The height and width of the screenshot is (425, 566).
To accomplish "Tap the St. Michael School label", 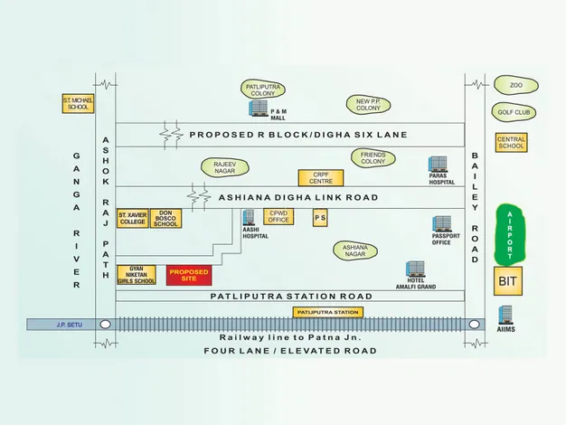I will coord(77,103).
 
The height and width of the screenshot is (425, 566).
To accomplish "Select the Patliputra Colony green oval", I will coord(264,89).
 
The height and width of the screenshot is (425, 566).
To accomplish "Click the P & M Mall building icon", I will coord(259,109).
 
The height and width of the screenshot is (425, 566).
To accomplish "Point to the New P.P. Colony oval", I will coord(368,104).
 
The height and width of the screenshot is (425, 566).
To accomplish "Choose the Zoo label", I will coord(515,86).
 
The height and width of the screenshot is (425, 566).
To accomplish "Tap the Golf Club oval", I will coord(515,113).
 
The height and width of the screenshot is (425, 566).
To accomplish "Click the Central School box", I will coord(511,143).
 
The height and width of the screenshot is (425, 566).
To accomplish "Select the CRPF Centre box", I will coord(321,178).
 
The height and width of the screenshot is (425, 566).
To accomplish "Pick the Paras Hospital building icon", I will coord(439,165).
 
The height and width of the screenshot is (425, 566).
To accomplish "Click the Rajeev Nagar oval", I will coord(224,167).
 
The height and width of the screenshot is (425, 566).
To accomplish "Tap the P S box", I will coord(320,218).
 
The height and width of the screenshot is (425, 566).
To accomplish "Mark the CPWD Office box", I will coord(278,216).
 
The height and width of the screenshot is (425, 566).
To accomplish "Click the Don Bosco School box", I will coord(165,219).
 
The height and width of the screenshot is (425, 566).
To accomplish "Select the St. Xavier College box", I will coord(132,219).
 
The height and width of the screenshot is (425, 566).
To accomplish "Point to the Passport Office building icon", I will coord(441,223).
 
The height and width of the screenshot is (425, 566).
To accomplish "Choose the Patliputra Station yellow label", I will coord(327,312).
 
